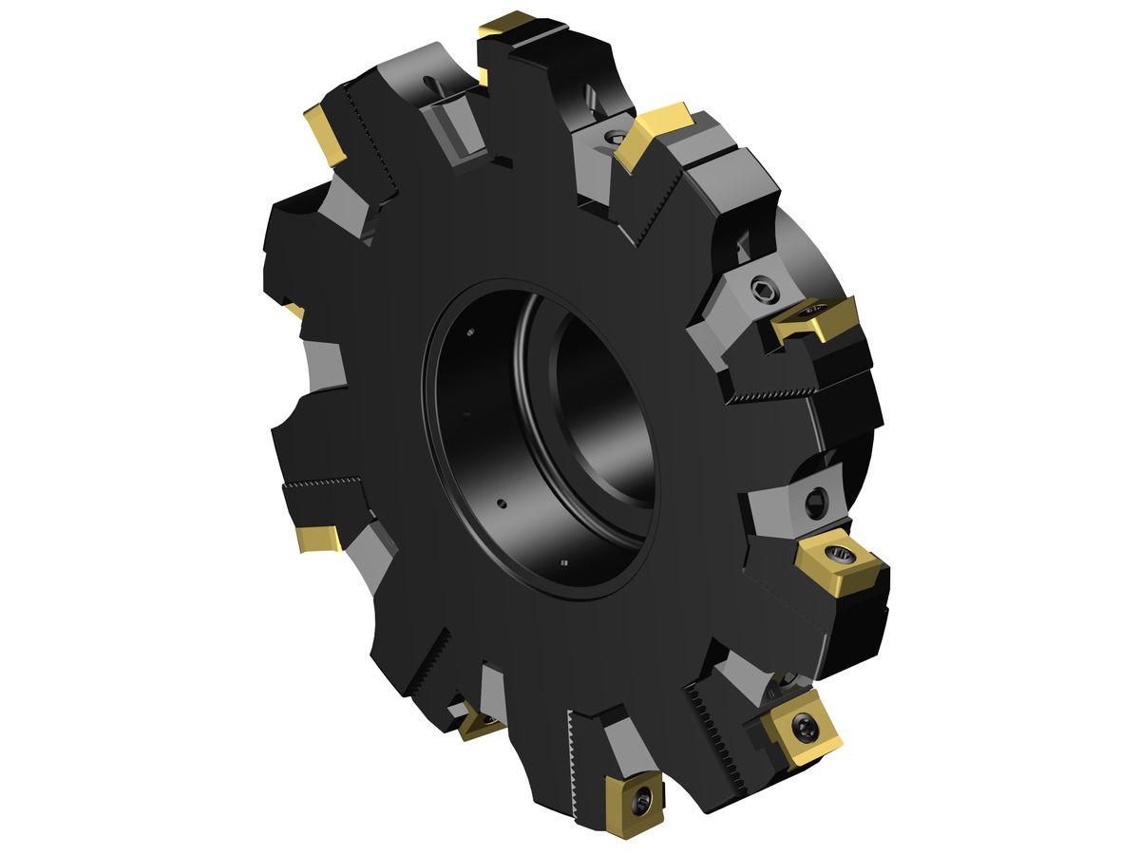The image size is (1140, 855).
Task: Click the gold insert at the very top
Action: [x=506, y=26]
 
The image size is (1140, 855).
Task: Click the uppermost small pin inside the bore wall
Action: [x=470, y=332]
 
